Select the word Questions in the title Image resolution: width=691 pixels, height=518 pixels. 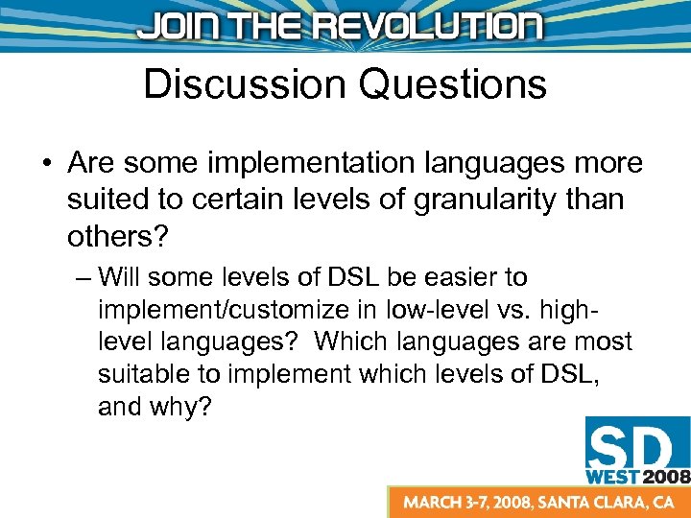453,84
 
